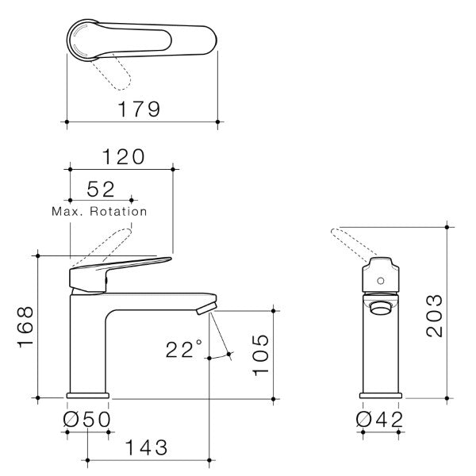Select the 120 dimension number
click(122, 157)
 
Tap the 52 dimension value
click(101, 190)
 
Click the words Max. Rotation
click(99, 212)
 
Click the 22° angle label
click(184, 349)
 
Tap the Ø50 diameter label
click(87, 418)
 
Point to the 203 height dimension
click(433, 315)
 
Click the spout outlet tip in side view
click(208, 305)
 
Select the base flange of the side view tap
click(88, 394)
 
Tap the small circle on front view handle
click(380, 278)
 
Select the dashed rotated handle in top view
click(112, 74)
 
